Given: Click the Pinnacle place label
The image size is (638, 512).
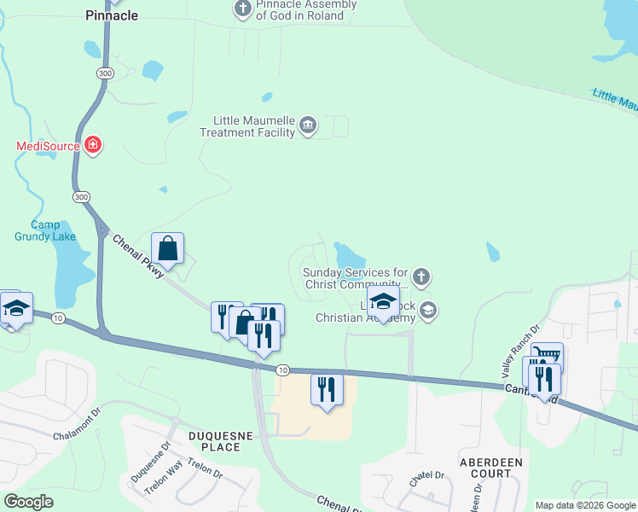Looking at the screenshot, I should pos(113,15).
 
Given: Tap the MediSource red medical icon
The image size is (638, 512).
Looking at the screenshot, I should pos(93,145).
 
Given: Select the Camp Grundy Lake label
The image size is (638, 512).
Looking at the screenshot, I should pos(45,230).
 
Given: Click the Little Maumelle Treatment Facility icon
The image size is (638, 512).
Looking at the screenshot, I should pos(308,127).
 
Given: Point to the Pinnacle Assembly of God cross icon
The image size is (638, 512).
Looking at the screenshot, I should pos(242,9).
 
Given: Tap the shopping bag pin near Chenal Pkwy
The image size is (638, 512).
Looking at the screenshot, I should pos(168,249).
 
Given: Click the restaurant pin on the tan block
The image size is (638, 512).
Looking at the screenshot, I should pos(328,391).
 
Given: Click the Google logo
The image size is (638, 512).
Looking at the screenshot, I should pos(28,501).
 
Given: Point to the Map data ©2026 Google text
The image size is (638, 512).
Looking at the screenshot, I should pos(585,505).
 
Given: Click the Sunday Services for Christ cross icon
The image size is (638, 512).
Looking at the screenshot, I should pos(420,276).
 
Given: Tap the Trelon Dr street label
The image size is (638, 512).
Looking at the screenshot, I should pos(206,471).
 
